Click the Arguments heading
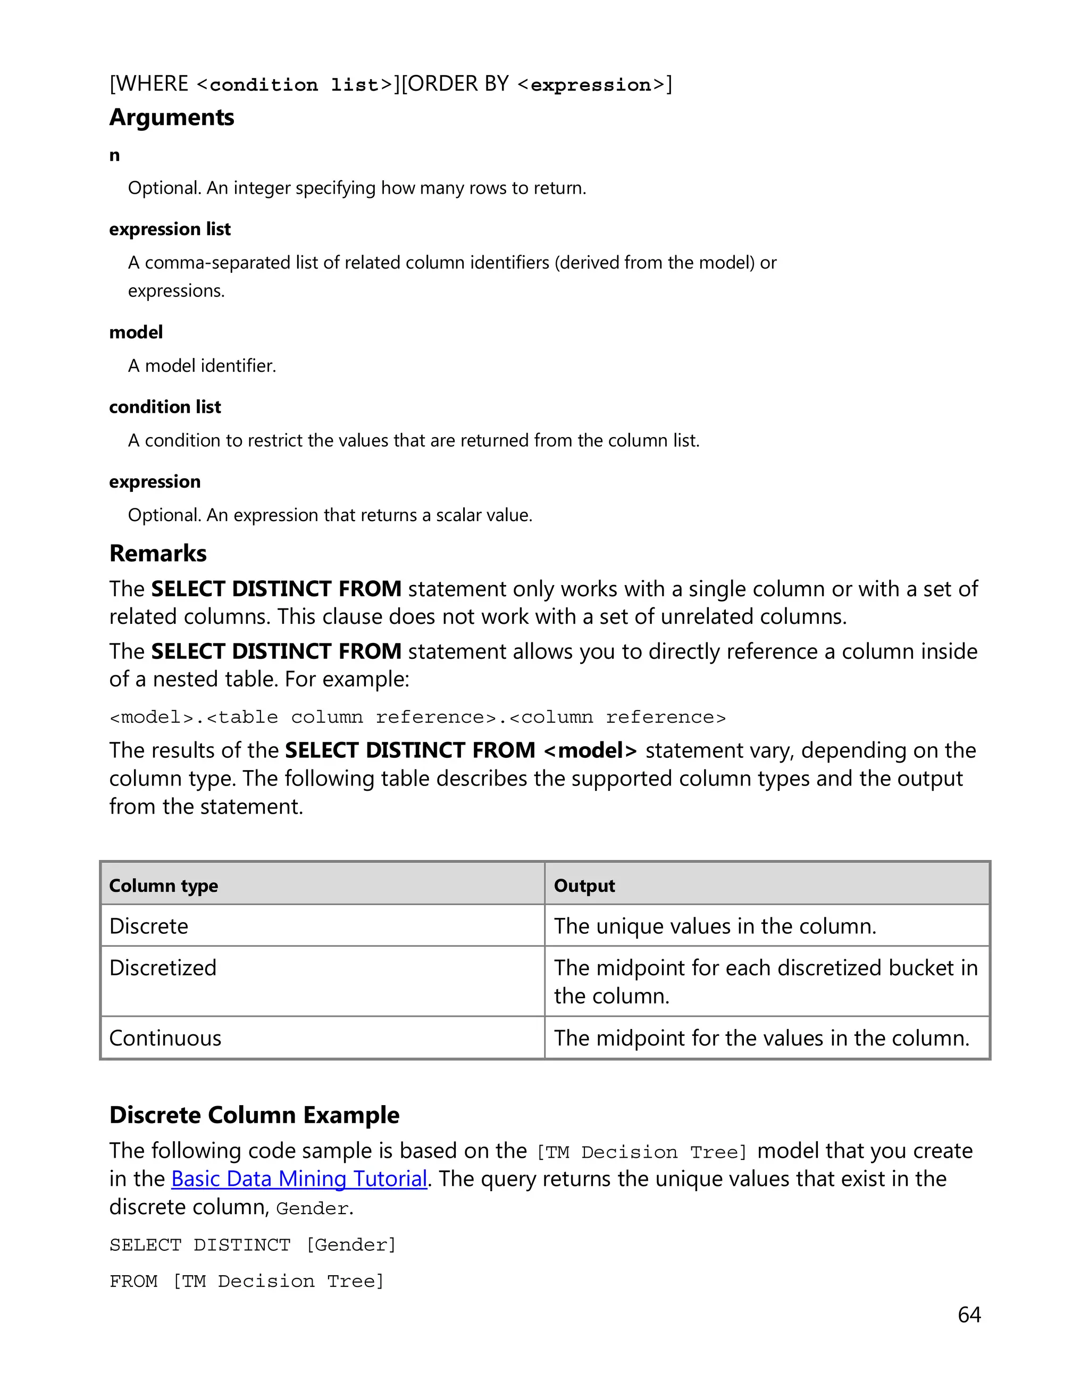(171, 118)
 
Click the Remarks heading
(158, 554)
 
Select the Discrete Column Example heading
(254, 1115)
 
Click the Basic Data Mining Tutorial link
(298, 1178)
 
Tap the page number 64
(969, 1315)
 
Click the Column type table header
(164, 886)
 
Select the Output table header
(584, 886)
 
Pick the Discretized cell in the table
(163, 968)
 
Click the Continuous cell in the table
(165, 1038)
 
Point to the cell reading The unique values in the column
(715, 926)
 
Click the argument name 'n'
(114, 155)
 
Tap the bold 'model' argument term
(136, 332)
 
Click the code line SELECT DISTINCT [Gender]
(253, 1245)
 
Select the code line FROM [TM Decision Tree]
(247, 1282)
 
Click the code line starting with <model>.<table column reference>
(417, 717)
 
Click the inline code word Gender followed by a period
(312, 1209)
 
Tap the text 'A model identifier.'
(202, 366)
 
